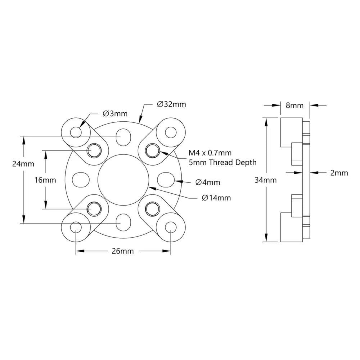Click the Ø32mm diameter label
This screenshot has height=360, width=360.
171,104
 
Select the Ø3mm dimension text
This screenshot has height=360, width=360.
115,113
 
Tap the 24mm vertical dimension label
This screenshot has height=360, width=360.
23,164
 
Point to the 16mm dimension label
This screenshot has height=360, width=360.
45,180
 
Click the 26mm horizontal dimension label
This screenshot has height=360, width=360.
122,251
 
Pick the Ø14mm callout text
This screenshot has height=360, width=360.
216,198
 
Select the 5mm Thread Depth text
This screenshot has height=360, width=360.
222,162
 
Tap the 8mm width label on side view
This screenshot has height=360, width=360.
294,105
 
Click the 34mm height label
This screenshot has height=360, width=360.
265,180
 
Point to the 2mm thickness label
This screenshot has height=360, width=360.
339,173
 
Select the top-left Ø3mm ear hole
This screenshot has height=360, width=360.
76,132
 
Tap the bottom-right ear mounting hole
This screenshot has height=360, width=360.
170,227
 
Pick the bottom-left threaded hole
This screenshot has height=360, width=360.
95,208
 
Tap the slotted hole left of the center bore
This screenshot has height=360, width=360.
80,179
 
